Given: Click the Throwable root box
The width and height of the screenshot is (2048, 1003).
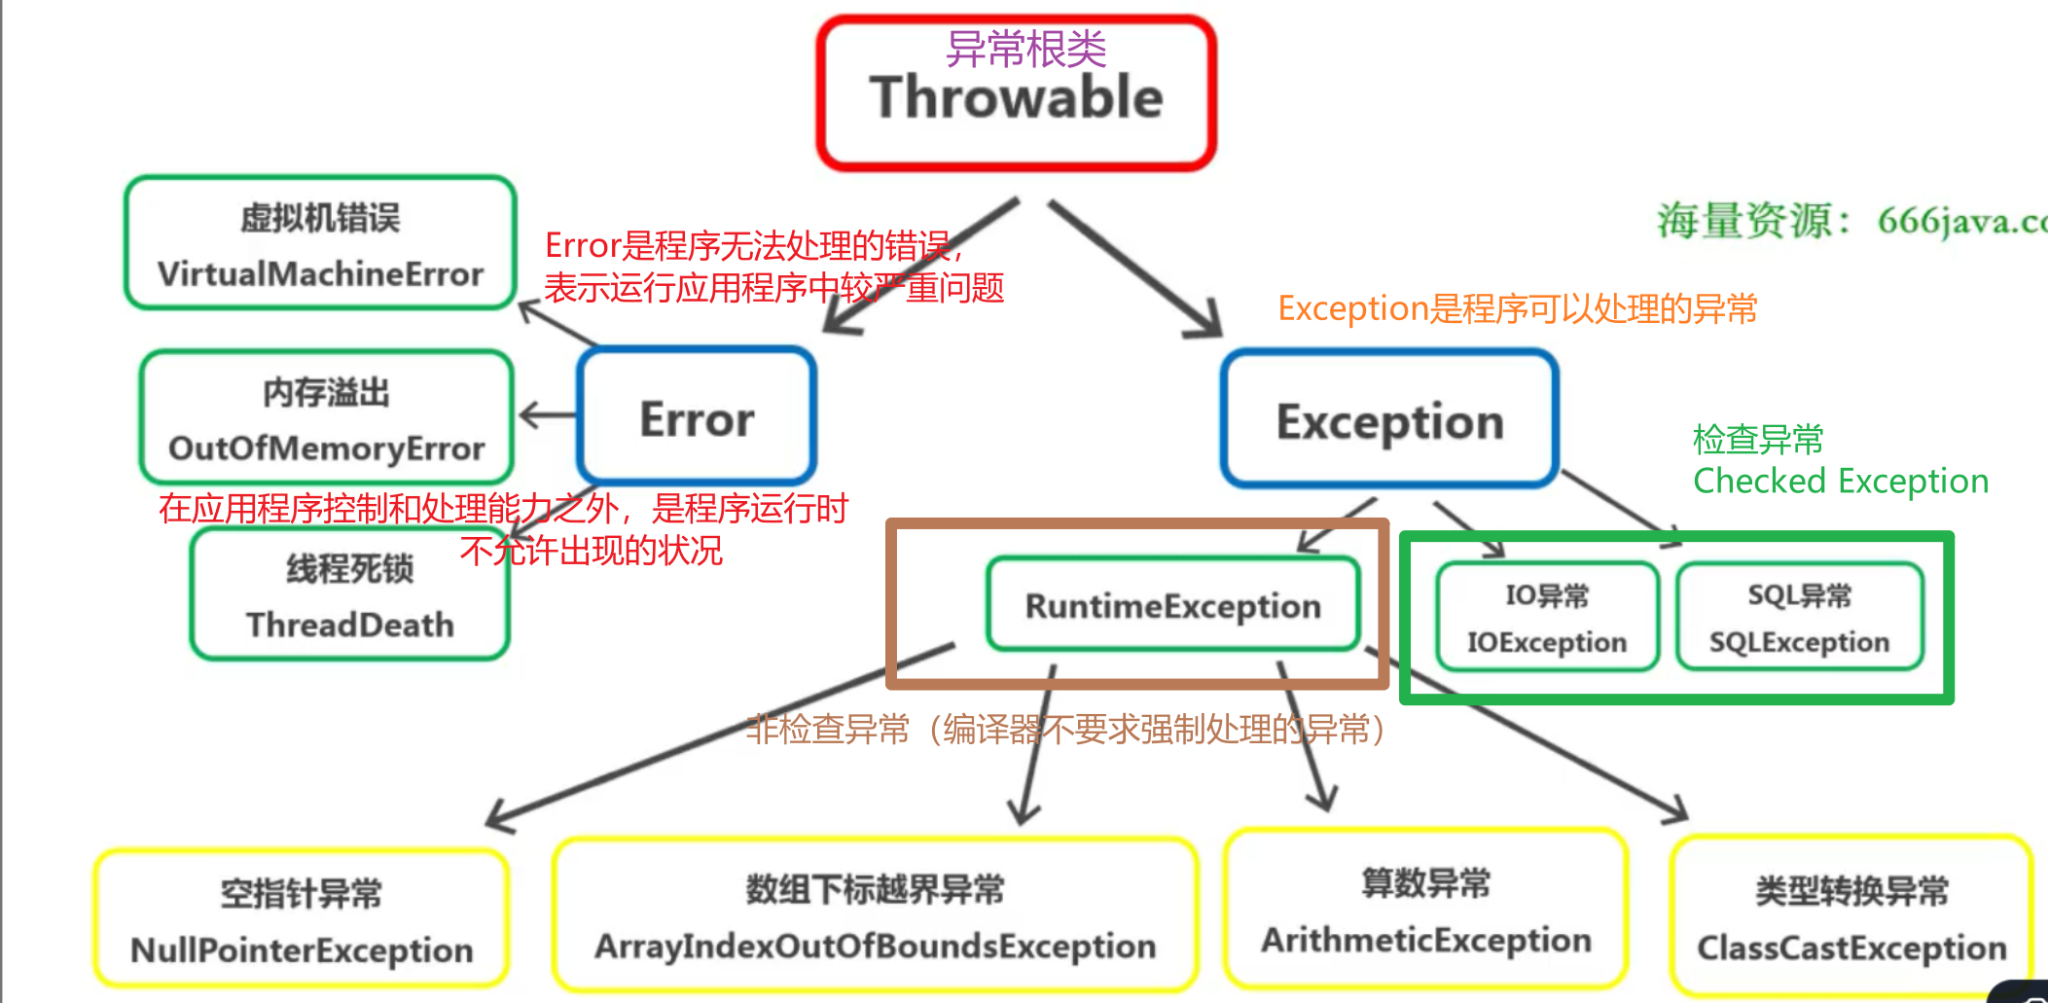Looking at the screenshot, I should click(1017, 97).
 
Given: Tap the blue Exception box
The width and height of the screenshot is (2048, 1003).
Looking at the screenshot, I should click(1389, 420).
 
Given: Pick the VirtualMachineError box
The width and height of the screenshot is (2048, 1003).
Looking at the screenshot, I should click(320, 244).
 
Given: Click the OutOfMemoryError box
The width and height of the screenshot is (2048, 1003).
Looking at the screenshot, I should click(326, 418).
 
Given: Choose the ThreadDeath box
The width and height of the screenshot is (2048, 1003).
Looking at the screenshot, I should click(350, 595).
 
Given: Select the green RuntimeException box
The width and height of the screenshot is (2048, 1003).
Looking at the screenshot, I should click(1172, 605).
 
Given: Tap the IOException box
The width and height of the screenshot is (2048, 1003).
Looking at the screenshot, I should click(1547, 618).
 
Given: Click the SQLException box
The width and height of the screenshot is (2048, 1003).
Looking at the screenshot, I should click(1799, 618).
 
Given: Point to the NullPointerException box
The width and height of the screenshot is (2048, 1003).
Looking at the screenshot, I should click(302, 920).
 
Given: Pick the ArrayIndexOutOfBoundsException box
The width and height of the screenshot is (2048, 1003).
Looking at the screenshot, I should click(875, 916).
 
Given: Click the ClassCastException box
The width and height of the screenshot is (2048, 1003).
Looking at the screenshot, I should click(1850, 918).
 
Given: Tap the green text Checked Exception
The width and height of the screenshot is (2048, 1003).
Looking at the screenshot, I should click(1840, 482).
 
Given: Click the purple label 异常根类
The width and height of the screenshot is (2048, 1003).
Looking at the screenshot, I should click(1025, 49).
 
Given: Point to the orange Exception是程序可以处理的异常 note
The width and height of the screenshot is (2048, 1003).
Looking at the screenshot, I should click(1517, 308).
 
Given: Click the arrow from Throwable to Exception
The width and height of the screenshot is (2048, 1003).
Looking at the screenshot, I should click(1133, 268).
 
